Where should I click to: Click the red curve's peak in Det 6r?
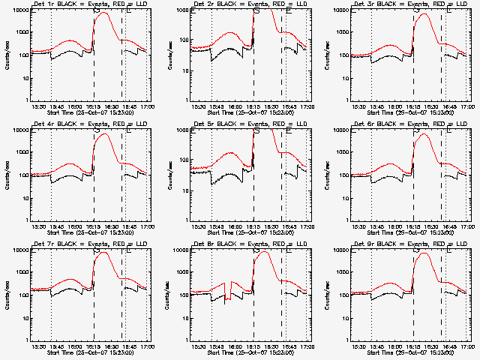click(x=425, y=134)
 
